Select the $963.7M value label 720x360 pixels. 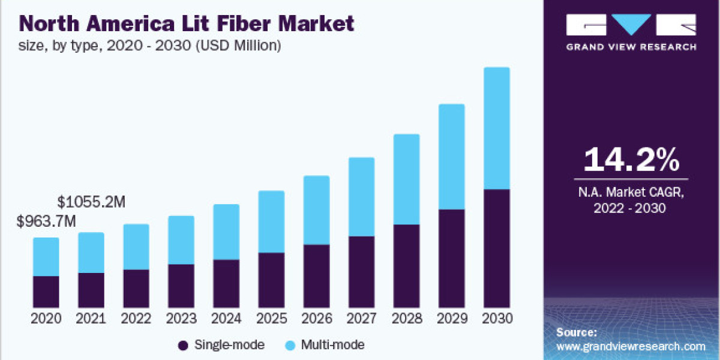(47, 221)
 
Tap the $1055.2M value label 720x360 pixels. (91, 202)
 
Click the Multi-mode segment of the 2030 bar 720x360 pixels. (496, 128)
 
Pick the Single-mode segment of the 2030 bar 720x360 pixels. (496, 248)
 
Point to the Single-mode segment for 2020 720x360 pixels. (46, 292)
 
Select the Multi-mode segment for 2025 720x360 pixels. (271, 221)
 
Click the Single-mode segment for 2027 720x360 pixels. (361, 271)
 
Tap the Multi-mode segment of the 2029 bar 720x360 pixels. (451, 157)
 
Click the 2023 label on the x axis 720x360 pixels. (181, 319)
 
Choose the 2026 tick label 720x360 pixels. (316, 319)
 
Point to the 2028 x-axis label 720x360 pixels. (406, 319)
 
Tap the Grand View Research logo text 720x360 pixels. (631, 47)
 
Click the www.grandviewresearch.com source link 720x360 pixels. (631, 346)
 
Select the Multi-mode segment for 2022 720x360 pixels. (136, 247)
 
